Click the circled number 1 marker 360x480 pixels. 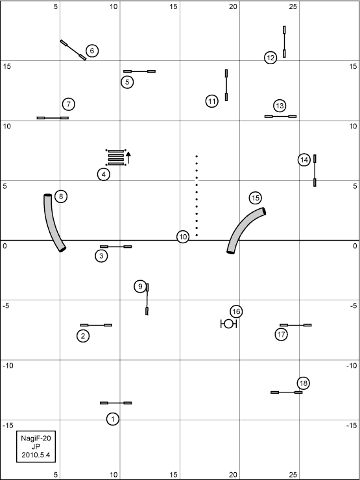[113, 419]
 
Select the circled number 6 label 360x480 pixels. [92, 51]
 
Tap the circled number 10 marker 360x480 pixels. [183, 237]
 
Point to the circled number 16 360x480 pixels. [236, 311]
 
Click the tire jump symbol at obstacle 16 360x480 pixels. [229, 324]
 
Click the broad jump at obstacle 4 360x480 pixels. [115, 158]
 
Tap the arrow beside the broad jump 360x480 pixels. [128, 158]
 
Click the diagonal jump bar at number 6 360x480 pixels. [73, 50]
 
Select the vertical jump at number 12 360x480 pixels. [284, 42]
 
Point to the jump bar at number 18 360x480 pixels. [287, 392]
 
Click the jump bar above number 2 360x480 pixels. [96, 325]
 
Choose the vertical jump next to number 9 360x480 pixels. [147, 299]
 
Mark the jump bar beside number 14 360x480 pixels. [315, 171]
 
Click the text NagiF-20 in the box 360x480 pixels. [36, 438]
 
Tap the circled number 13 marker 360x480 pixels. [280, 106]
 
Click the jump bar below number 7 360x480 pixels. [53, 118]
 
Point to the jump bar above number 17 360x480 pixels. [296, 325]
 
